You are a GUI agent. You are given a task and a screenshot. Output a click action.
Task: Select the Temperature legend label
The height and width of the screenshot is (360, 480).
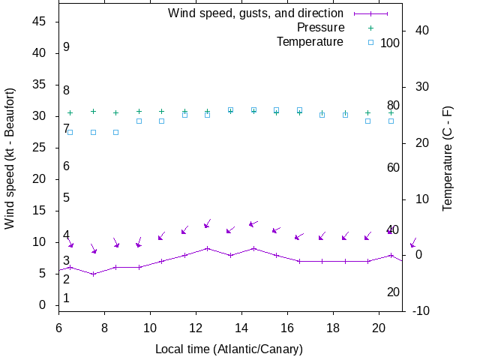(310, 42)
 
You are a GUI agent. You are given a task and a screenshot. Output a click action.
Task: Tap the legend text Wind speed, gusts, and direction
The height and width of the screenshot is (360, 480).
(256, 13)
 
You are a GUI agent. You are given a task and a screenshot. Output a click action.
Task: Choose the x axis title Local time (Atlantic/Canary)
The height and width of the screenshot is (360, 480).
(228, 349)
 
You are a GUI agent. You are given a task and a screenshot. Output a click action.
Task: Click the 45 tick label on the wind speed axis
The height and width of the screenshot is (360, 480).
(40, 22)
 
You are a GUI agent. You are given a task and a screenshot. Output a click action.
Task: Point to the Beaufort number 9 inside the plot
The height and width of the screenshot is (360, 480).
(67, 47)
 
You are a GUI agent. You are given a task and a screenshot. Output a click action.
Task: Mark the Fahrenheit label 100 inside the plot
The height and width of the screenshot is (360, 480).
(390, 43)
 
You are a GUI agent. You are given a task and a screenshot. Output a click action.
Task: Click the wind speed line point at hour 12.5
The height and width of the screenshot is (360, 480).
(208, 248)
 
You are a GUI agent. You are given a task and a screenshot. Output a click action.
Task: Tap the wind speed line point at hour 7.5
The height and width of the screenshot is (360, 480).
(93, 274)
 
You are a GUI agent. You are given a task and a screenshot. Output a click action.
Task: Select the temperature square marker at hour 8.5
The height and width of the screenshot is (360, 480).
(116, 132)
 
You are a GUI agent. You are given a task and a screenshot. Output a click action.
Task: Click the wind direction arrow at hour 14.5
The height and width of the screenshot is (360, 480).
(253, 223)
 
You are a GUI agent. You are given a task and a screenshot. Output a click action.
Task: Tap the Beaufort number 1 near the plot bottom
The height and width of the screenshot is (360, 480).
(67, 298)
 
